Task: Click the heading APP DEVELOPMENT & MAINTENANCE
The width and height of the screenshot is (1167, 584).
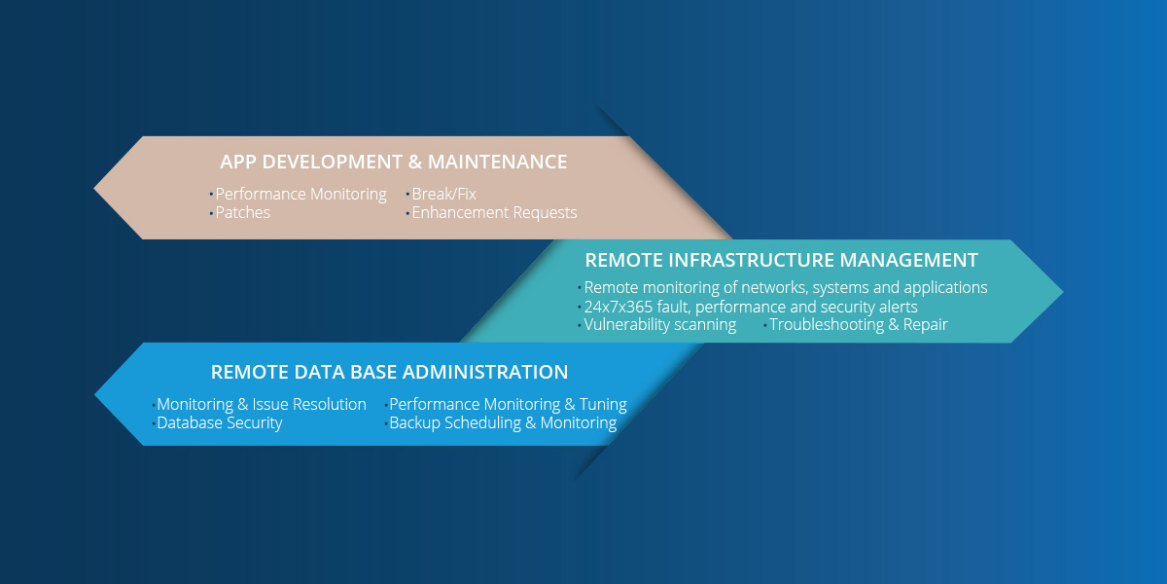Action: pyautogui.click(x=393, y=162)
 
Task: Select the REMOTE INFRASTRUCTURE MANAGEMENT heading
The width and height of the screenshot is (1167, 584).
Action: pyautogui.click(x=781, y=260)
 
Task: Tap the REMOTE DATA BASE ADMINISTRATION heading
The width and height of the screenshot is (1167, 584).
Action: pyautogui.click(x=389, y=372)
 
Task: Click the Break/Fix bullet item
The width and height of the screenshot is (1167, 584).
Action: pyautogui.click(x=443, y=194)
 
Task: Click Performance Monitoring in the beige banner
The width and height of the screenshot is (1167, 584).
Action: pyautogui.click(x=301, y=194)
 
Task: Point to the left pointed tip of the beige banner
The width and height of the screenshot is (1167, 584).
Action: pyautogui.click(x=94, y=188)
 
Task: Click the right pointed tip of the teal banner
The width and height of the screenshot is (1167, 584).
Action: pyautogui.click(x=1063, y=291)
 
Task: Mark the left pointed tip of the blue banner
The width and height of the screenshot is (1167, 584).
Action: pyautogui.click(x=95, y=395)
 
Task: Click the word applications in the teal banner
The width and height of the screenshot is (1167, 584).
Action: pyautogui.click(x=945, y=288)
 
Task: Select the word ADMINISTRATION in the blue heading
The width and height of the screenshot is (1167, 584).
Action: pyautogui.click(x=485, y=372)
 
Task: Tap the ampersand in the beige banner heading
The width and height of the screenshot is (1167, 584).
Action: pyautogui.click(x=415, y=162)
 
